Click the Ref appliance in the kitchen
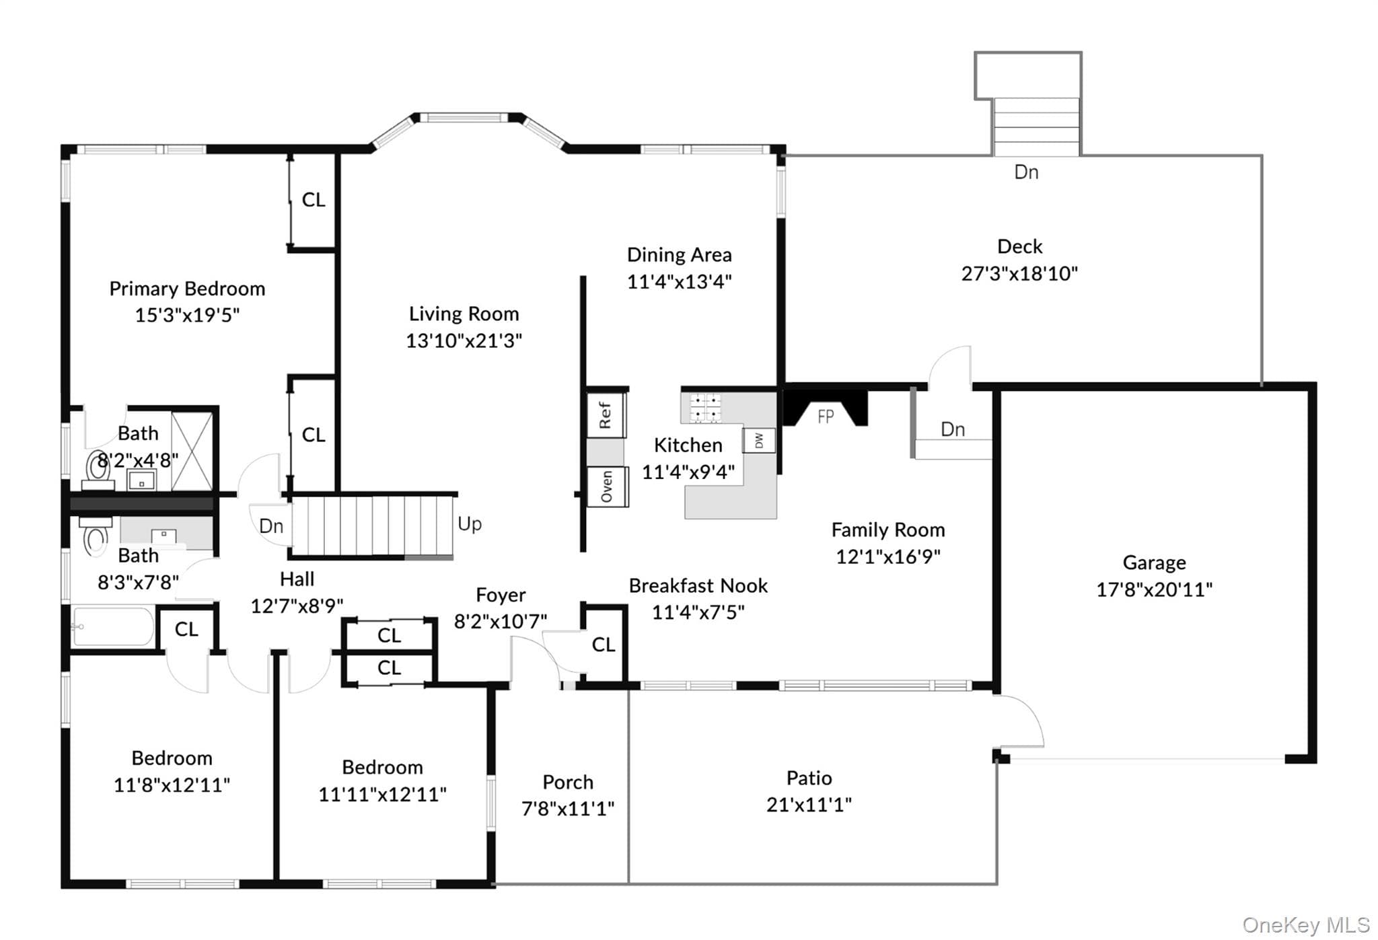pyautogui.click(x=606, y=414)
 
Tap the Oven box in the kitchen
pyautogui.click(x=607, y=486)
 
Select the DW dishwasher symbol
pyautogui.click(x=759, y=441)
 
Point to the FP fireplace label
pyautogui.click(x=826, y=417)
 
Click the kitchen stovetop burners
pyautogui.click(x=705, y=408)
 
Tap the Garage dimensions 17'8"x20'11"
pyautogui.click(x=1154, y=589)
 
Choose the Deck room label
pyautogui.click(x=1019, y=246)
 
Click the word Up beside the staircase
pyautogui.click(x=470, y=523)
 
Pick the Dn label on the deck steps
pyautogui.click(x=1026, y=172)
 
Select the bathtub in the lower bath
pyautogui.click(x=113, y=626)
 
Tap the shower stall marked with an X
pyautogui.click(x=192, y=451)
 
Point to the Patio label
pyautogui.click(x=809, y=778)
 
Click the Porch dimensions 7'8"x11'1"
pyautogui.click(x=568, y=808)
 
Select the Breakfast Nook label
pyautogui.click(x=698, y=585)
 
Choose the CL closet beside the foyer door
pyautogui.click(x=604, y=645)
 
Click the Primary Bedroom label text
pyautogui.click(x=187, y=289)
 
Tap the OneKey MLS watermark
pyautogui.click(x=1306, y=925)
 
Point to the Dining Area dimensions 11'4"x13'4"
pyautogui.click(x=679, y=281)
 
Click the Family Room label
pyautogui.click(x=888, y=530)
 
